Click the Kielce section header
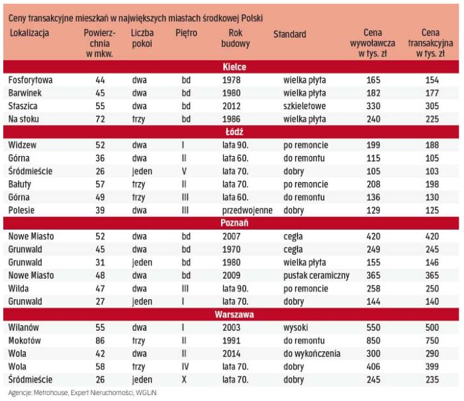233,67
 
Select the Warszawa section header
233,314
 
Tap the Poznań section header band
233,223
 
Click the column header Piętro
186,33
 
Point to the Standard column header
289,34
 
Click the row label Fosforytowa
30,80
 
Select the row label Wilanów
24,328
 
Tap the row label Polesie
23,210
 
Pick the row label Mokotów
26,341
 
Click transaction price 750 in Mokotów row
432,341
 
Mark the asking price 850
373,341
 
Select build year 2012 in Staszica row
232,106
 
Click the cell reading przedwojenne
246,210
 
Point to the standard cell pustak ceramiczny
316,275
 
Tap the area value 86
100,341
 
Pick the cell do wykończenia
314,354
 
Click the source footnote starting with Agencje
83,393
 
